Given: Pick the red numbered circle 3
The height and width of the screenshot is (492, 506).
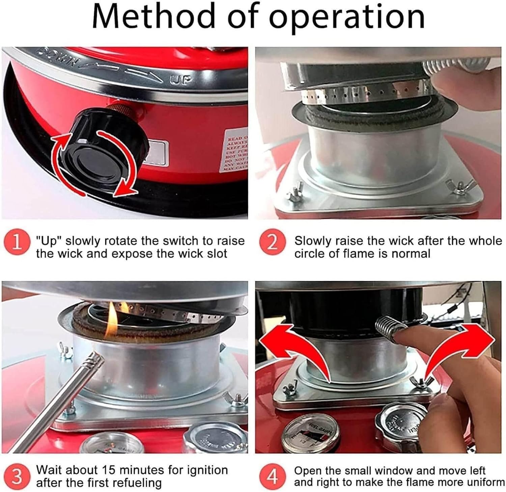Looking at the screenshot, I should tap(16, 476).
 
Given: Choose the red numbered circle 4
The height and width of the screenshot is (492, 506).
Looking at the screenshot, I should tap(273, 476).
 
